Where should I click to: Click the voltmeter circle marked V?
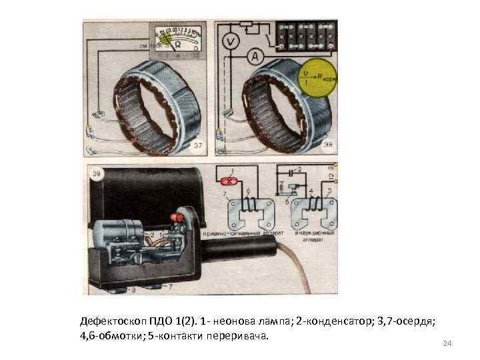(231, 41)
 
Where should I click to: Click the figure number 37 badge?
(198, 145)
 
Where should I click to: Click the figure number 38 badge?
(329, 145)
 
